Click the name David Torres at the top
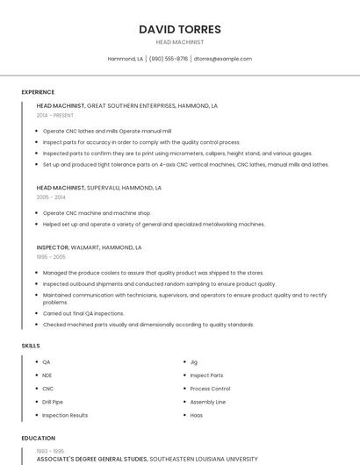(179, 30)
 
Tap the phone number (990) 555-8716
(168, 59)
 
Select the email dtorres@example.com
(222, 59)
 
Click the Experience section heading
(38, 92)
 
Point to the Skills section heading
(31, 346)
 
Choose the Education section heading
(38, 438)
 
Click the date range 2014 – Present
(55, 115)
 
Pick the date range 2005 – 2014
(51, 197)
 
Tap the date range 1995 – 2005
(51, 257)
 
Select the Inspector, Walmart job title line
(89, 247)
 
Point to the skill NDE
(47, 376)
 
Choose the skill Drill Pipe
(53, 402)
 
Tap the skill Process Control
(210, 389)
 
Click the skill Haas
(197, 415)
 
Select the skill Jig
(193, 361)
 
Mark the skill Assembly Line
(208, 402)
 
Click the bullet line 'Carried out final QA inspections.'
(83, 313)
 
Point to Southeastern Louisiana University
(204, 459)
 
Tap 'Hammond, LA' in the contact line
(126, 59)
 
